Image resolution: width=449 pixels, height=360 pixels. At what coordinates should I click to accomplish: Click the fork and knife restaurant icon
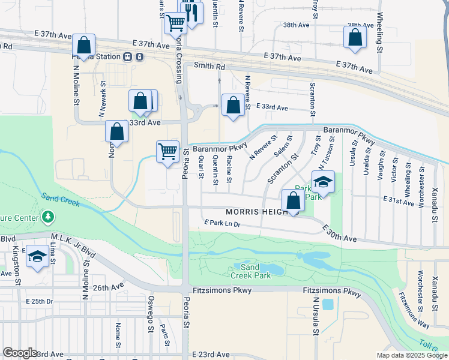(x=191, y=12)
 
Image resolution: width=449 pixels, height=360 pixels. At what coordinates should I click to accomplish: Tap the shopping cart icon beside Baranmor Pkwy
(x=167, y=151)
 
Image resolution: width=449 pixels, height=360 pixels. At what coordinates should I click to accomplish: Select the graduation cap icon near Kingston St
(x=37, y=257)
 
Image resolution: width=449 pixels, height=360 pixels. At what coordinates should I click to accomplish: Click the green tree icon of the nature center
(x=46, y=216)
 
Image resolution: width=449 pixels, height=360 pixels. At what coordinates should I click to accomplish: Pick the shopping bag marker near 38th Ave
(x=355, y=37)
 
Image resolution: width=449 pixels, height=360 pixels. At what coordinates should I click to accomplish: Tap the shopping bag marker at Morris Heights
(x=293, y=201)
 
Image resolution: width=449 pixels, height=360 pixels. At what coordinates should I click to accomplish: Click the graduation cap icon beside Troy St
(x=323, y=182)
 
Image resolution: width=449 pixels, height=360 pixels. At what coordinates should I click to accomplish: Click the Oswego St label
(x=151, y=313)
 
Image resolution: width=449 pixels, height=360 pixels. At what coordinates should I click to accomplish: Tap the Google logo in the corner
(x=20, y=353)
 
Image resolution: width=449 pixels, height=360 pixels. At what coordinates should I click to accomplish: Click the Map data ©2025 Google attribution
(x=411, y=355)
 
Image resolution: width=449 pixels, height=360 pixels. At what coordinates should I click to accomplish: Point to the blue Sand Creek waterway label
(x=60, y=199)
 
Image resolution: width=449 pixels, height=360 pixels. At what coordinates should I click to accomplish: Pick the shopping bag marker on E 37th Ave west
(x=83, y=45)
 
